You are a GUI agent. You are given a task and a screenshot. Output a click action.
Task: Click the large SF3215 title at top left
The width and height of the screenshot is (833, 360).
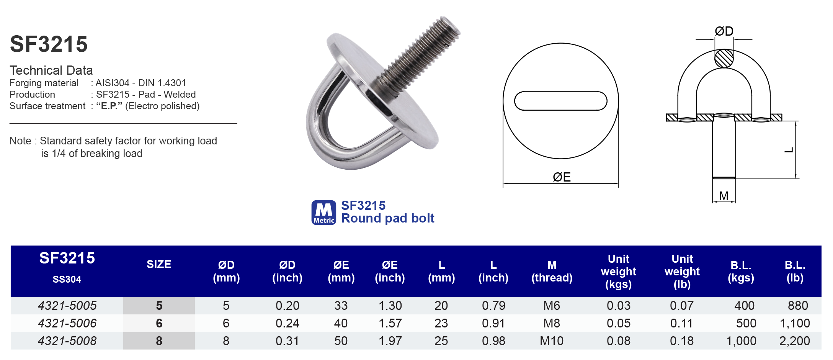[x=49, y=44]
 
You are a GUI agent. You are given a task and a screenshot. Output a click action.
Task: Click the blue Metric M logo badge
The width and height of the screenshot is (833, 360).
[x=323, y=213]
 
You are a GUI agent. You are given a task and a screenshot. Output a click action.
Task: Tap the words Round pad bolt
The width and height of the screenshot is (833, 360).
[x=387, y=218]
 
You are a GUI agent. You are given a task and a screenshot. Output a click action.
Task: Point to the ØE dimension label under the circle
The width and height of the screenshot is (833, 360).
[x=561, y=177]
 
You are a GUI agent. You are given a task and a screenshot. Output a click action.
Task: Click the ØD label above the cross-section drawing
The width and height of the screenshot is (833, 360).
[x=724, y=31]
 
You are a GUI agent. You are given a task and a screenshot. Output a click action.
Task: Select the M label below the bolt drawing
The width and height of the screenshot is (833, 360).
[x=724, y=196]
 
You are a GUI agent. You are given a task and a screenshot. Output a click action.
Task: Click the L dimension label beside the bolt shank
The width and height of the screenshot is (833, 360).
[x=789, y=150]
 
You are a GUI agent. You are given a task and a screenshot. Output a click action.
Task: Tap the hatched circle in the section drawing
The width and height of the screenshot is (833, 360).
[x=724, y=59]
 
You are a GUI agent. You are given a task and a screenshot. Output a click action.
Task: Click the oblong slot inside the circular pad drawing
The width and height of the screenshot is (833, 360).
[x=560, y=101]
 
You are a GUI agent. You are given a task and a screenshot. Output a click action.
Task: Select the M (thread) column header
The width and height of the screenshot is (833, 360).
[x=552, y=271]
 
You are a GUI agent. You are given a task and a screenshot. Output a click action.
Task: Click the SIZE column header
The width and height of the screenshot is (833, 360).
[x=159, y=264]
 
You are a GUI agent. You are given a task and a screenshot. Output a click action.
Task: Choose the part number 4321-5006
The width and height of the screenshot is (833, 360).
[x=67, y=323]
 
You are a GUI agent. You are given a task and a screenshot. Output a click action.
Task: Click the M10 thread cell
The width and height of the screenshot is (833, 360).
[x=552, y=341]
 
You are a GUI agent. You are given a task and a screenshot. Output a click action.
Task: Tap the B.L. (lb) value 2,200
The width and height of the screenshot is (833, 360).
[x=794, y=341]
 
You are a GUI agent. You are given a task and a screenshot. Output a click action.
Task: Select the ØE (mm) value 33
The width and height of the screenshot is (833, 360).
[x=341, y=306]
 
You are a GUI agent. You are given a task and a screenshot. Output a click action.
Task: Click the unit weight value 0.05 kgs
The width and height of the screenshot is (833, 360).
[x=618, y=323]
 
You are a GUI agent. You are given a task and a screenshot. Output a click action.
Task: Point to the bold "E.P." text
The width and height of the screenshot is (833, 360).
[x=109, y=106]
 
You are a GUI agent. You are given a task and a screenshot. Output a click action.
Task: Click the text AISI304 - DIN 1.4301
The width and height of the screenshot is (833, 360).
[x=140, y=83]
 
